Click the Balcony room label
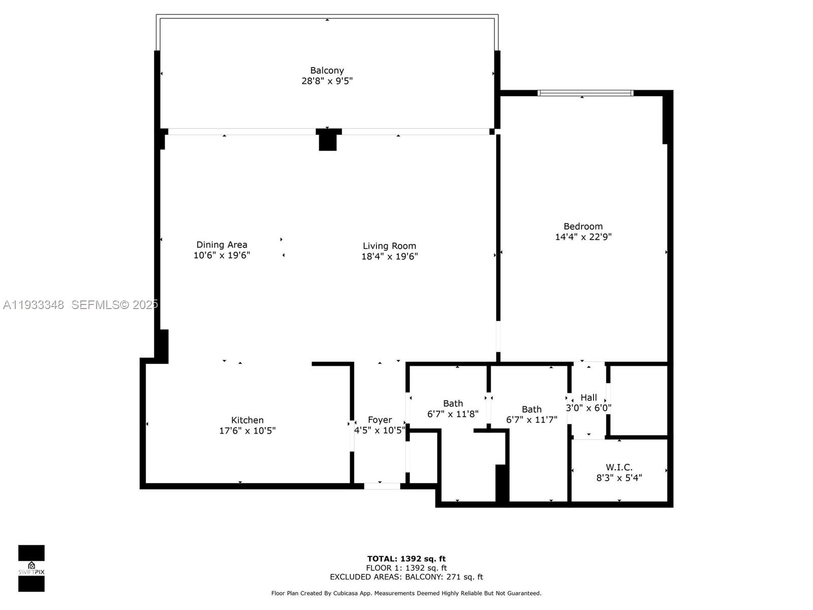pos(327,70)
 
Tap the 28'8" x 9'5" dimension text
pos(327,81)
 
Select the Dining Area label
pos(222,245)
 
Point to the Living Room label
pos(389,246)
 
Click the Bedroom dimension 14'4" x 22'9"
pos(583,237)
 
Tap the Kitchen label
pos(247,420)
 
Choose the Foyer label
pos(380,420)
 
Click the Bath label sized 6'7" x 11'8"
pos(453,404)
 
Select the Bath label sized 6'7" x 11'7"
pos(531,409)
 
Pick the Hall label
pos(588,398)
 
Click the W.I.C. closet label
pos(619,467)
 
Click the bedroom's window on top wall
pos(585,93)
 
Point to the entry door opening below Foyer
pos(382,486)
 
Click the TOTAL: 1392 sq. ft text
pos(406,559)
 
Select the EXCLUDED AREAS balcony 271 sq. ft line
pos(406,577)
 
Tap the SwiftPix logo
pos(32,568)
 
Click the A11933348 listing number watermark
pos(34,305)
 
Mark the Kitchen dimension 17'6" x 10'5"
pos(247,431)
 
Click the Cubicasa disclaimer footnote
pos(406,593)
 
